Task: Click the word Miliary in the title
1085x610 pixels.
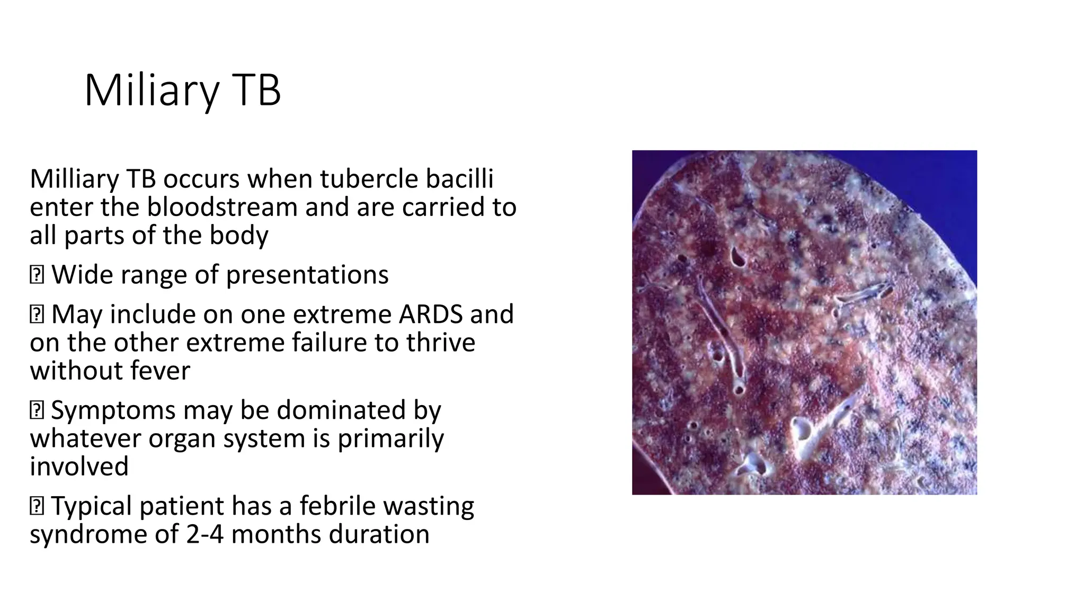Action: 151,91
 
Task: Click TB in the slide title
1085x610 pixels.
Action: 256,91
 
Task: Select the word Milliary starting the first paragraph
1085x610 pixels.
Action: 74,179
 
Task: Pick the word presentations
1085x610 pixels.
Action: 307,275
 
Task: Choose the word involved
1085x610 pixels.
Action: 79,467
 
